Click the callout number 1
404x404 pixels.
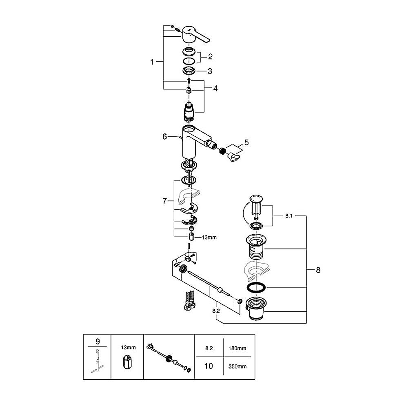point(152,62)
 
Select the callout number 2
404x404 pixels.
point(210,56)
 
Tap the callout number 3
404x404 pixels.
point(210,71)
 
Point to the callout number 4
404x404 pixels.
point(215,88)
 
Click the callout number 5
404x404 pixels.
point(246,142)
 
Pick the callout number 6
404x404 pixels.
point(165,136)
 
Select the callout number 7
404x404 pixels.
point(165,200)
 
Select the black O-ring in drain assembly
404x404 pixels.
point(256,287)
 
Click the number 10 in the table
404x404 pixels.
point(209,366)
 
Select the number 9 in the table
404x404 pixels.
point(97,340)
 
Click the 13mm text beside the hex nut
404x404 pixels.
point(209,237)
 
